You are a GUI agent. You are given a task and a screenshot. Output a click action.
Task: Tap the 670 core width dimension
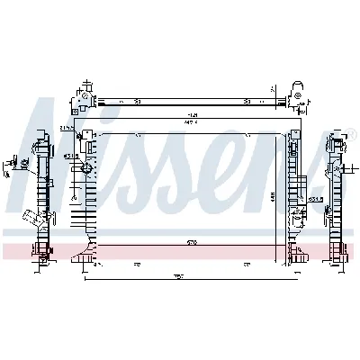tap(192, 242)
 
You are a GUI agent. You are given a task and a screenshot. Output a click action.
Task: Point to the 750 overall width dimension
tap(179, 276)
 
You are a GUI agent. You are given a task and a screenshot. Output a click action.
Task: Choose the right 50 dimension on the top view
tap(246, 101)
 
